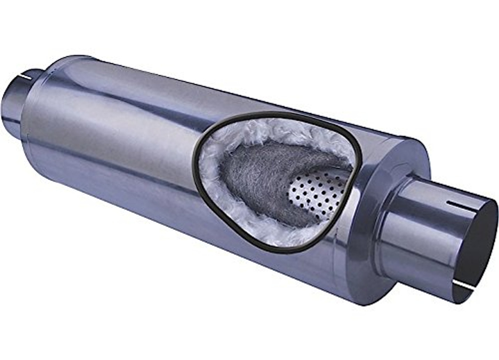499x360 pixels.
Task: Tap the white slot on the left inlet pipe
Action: tap(26, 76)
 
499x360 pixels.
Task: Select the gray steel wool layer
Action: tap(257, 175)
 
